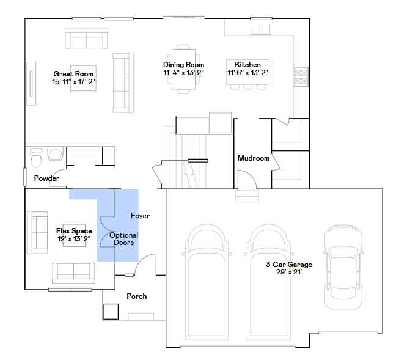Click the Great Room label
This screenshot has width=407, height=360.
click(x=73, y=74)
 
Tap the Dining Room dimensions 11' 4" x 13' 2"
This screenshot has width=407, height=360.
click(x=183, y=73)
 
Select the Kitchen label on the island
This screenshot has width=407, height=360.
click(x=248, y=65)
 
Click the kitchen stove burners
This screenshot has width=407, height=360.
click(x=301, y=77)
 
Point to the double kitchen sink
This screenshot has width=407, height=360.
click(x=261, y=28)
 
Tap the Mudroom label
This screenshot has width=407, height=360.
click(x=254, y=158)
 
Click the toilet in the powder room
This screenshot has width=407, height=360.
click(x=36, y=158)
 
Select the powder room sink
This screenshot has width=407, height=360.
click(x=55, y=154)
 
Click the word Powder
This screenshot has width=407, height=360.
click(x=46, y=178)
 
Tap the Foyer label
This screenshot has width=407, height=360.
click(x=140, y=216)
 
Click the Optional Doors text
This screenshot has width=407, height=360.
click(x=124, y=239)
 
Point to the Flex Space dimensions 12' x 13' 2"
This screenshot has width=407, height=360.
click(x=74, y=239)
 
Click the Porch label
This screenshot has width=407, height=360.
click(x=136, y=296)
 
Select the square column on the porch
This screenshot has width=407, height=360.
click(x=111, y=312)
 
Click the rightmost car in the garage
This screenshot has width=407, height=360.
click(x=343, y=267)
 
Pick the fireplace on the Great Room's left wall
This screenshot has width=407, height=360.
click(x=31, y=84)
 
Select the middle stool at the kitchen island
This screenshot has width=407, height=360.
click(x=248, y=87)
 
